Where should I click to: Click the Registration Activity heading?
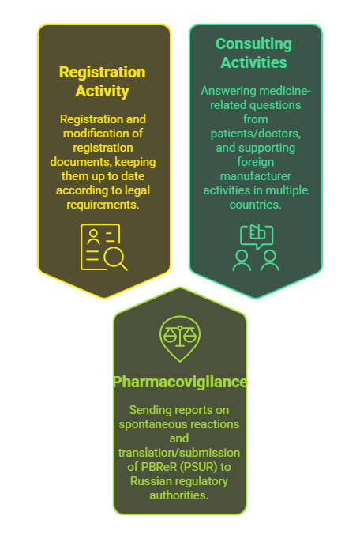tap(103, 81)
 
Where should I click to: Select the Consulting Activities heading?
tap(254, 53)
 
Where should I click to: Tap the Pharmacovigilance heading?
tap(180, 382)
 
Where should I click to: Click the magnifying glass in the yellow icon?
tap(116, 258)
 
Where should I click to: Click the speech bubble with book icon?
tap(257, 236)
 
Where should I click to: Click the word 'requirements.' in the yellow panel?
tap(103, 205)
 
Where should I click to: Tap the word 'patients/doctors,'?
tap(256, 134)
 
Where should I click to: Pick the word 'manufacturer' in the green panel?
tap(256, 176)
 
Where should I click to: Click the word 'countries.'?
tap(256, 205)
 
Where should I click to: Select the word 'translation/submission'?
tap(179, 453)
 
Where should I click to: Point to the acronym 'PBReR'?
tap(159, 467)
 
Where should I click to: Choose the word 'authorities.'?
tap(179, 495)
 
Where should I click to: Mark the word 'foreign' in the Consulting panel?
tap(256, 162)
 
